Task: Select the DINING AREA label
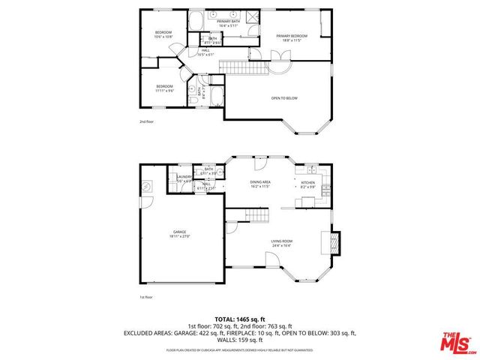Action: click(260, 182)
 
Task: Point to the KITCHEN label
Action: click(307, 182)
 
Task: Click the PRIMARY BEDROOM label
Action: click(291, 36)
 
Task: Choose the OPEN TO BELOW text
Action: click(284, 97)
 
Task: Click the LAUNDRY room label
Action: click(184, 178)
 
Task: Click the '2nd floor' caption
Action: click(146, 121)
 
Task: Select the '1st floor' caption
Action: click(146, 297)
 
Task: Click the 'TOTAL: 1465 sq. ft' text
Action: click(239, 319)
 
